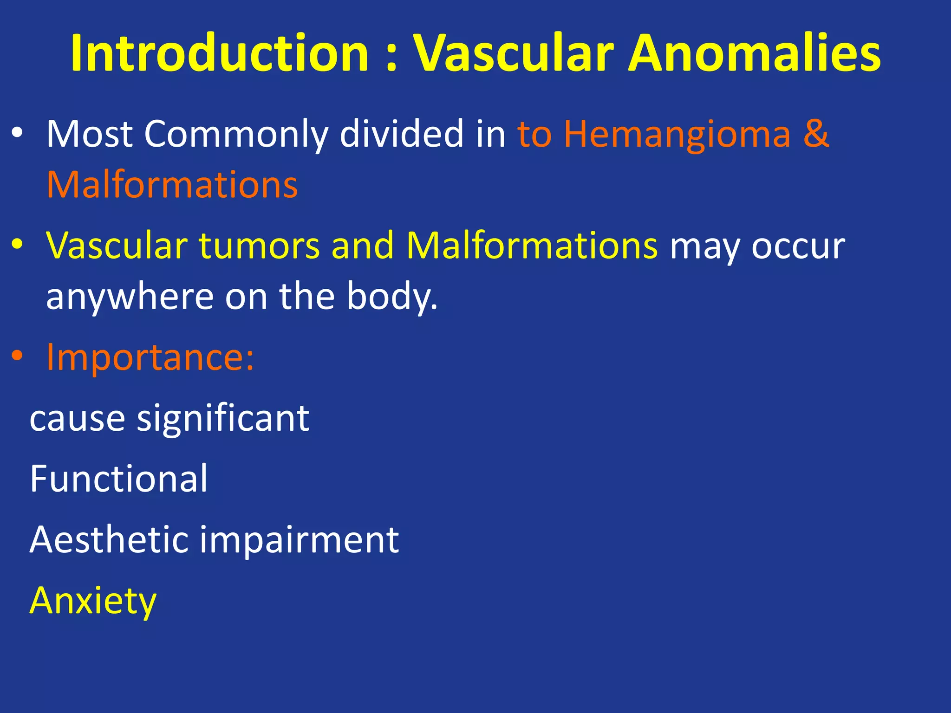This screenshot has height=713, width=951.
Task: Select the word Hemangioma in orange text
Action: [677, 135]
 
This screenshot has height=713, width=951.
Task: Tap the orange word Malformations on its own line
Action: [172, 185]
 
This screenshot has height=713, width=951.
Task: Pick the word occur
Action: [798, 246]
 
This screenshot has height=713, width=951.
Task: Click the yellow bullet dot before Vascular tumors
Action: [17, 244]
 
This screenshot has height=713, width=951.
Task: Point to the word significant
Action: [223, 418]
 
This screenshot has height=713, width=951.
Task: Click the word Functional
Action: [118, 479]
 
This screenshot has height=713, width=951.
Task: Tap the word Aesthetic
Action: [109, 539]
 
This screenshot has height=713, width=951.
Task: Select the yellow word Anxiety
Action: [93, 601]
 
